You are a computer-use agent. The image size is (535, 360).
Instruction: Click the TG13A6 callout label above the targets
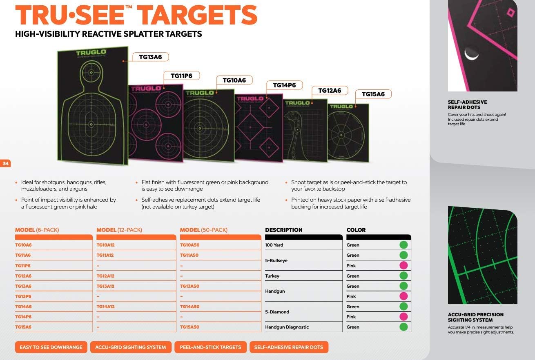point(151,57)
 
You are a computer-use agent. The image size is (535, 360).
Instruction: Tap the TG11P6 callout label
point(181,76)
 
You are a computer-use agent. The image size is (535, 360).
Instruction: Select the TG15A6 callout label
point(373,94)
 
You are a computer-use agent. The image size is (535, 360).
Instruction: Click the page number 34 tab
point(6,164)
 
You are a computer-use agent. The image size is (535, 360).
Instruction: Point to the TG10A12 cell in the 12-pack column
point(106,245)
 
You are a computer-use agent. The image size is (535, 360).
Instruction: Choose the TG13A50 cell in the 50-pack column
point(189,286)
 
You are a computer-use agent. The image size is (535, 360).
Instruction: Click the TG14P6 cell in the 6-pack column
point(23,317)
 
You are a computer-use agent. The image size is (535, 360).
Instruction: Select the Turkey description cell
point(272,276)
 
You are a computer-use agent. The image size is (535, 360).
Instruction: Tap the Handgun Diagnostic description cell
point(287,327)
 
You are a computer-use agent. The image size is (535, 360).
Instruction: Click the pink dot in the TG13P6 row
point(403,296)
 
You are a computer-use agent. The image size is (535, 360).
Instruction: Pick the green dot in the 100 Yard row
point(403,245)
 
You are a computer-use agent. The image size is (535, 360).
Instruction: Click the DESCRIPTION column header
point(284,230)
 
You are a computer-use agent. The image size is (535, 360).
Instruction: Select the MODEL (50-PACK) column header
point(204,230)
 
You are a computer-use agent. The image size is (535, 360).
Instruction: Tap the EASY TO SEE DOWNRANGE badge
point(51,347)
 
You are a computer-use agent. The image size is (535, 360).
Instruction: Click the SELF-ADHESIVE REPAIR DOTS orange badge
point(289,347)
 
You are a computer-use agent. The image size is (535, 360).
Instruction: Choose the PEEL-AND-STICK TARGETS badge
point(211,347)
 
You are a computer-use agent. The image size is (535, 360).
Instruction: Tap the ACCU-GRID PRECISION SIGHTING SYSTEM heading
point(476,317)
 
